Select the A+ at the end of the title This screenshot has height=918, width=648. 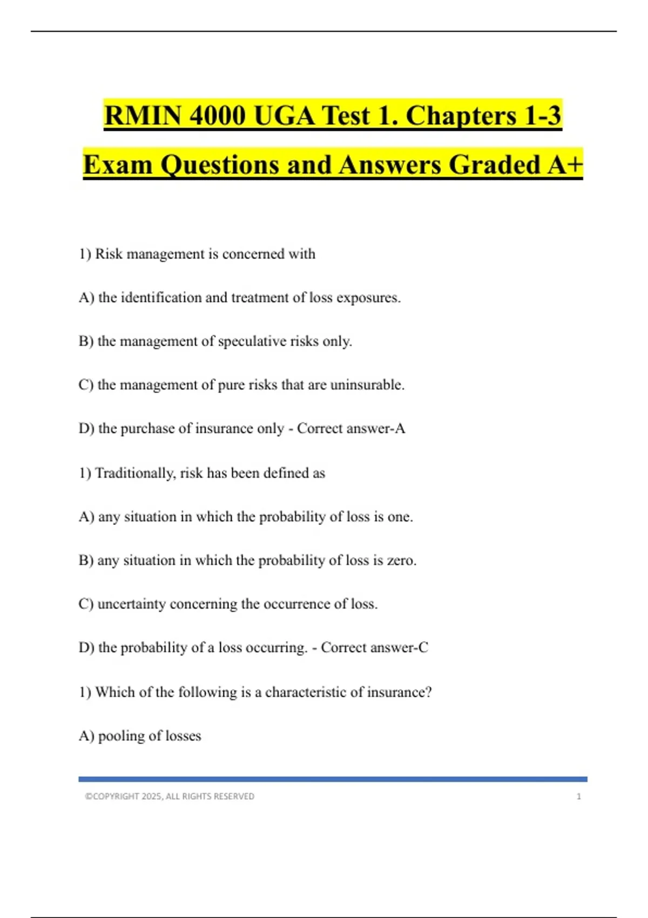coord(564,165)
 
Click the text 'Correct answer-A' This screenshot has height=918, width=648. coord(350,428)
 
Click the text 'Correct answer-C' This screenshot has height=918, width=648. coord(374,647)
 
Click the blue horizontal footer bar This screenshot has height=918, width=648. coord(333,779)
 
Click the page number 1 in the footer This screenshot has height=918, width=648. coord(579,796)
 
